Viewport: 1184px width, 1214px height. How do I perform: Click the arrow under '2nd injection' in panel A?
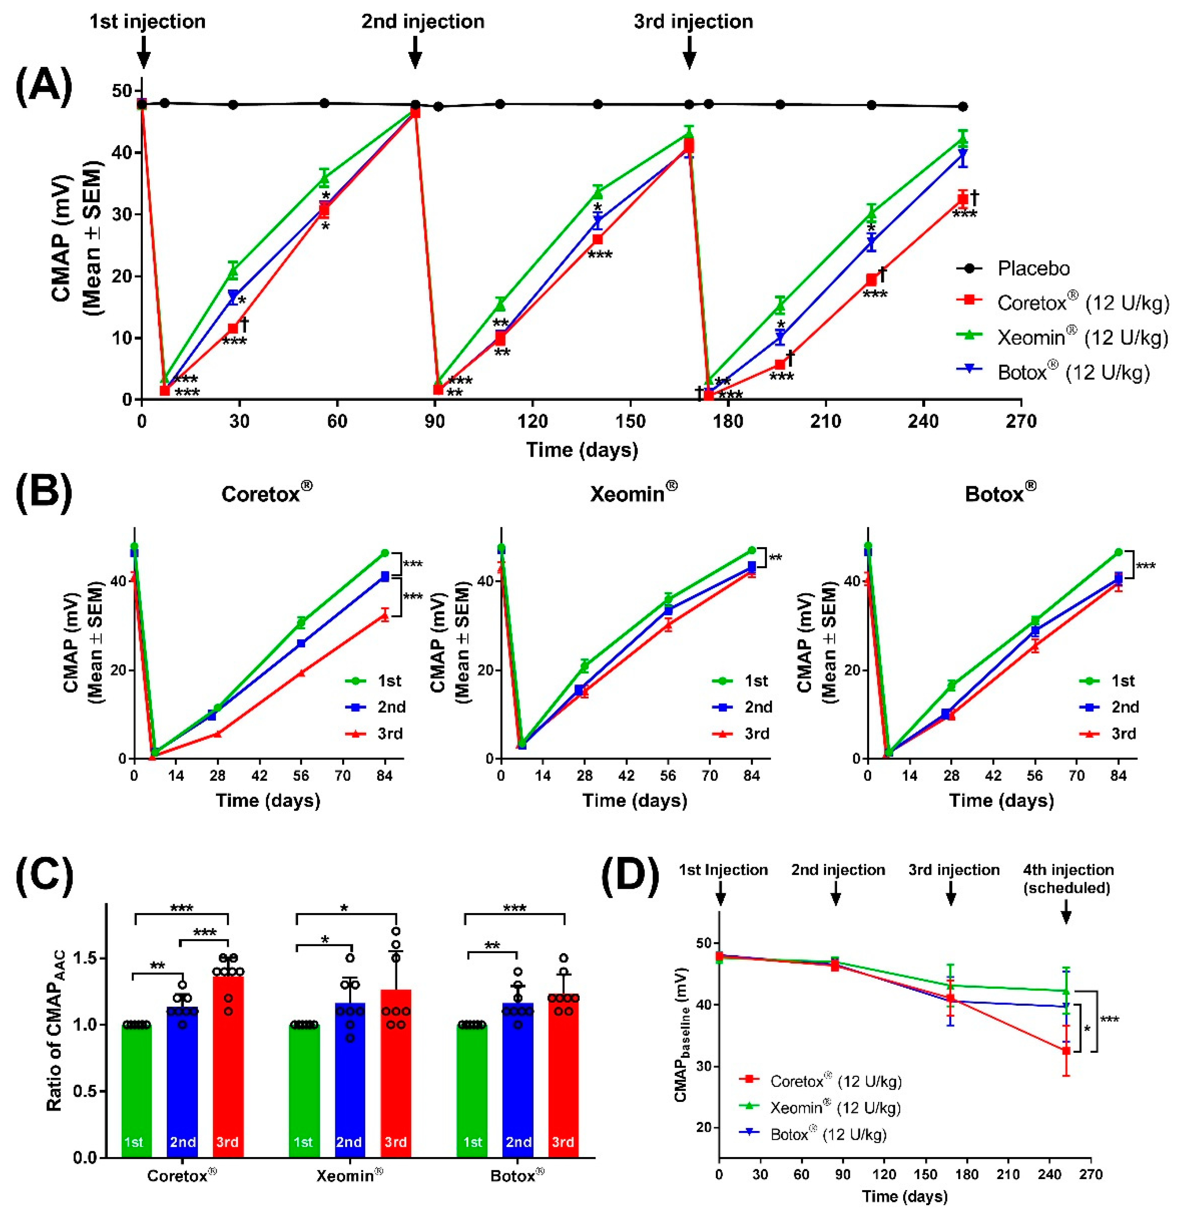(x=415, y=52)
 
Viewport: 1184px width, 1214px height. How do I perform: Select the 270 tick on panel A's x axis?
(x=1021, y=422)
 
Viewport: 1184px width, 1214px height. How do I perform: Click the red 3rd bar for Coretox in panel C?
(x=228, y=1066)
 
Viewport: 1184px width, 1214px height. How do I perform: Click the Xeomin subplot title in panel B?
(x=633, y=493)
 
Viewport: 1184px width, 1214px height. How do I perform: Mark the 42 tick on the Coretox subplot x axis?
(x=259, y=776)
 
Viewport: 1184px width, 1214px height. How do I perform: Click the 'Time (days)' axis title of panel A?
(x=582, y=450)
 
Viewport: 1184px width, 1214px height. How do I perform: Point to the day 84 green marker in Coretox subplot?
(x=385, y=553)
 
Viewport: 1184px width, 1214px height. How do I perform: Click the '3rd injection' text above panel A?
(x=694, y=22)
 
